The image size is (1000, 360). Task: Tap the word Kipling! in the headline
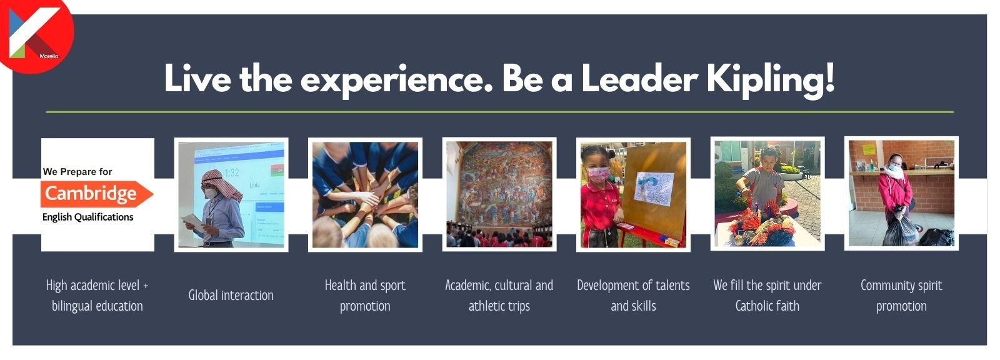(771, 79)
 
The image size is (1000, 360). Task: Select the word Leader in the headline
(640, 79)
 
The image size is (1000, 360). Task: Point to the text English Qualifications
(88, 217)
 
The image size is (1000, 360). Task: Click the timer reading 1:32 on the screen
(232, 172)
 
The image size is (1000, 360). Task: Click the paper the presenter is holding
(192, 222)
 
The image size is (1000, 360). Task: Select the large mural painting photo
(499, 194)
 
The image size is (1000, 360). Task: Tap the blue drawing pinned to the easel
(654, 189)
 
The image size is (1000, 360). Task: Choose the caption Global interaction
(231, 295)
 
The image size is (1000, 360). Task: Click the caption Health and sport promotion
(365, 295)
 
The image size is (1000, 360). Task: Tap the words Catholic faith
(767, 306)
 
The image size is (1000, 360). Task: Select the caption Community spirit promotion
(901, 295)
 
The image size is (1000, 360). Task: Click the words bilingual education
(97, 306)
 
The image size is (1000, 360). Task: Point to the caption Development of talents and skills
(633, 295)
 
